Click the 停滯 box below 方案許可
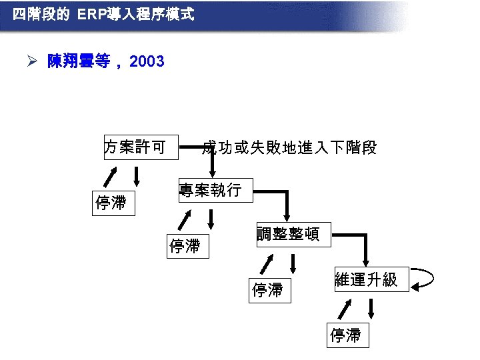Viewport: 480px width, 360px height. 112,203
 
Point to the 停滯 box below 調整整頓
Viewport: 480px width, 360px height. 269,290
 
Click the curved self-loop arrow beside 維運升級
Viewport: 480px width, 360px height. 423,280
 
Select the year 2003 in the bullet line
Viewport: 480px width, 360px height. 147,62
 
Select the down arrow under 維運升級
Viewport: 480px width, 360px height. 371,308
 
